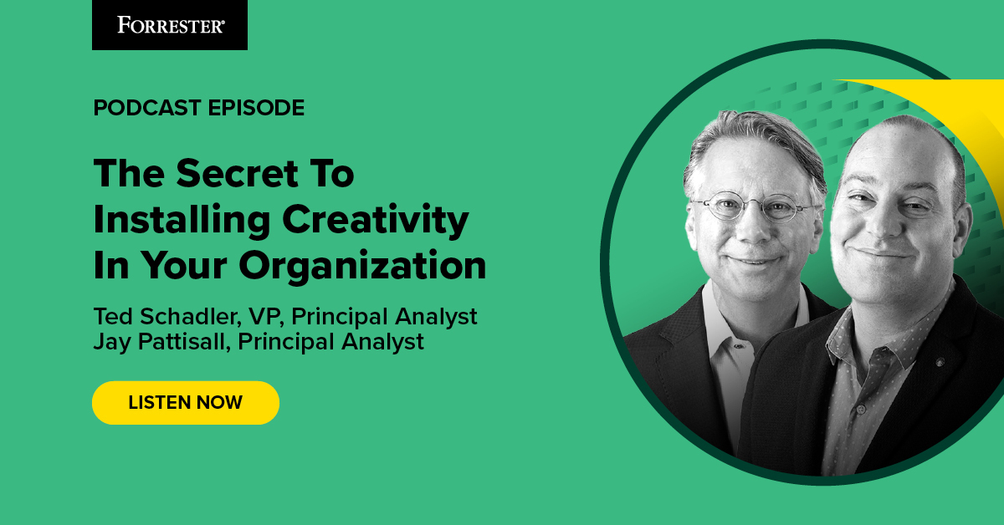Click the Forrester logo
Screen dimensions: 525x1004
tap(170, 24)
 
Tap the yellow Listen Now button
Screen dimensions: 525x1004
tap(185, 402)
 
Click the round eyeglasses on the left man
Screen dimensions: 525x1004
tap(754, 206)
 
